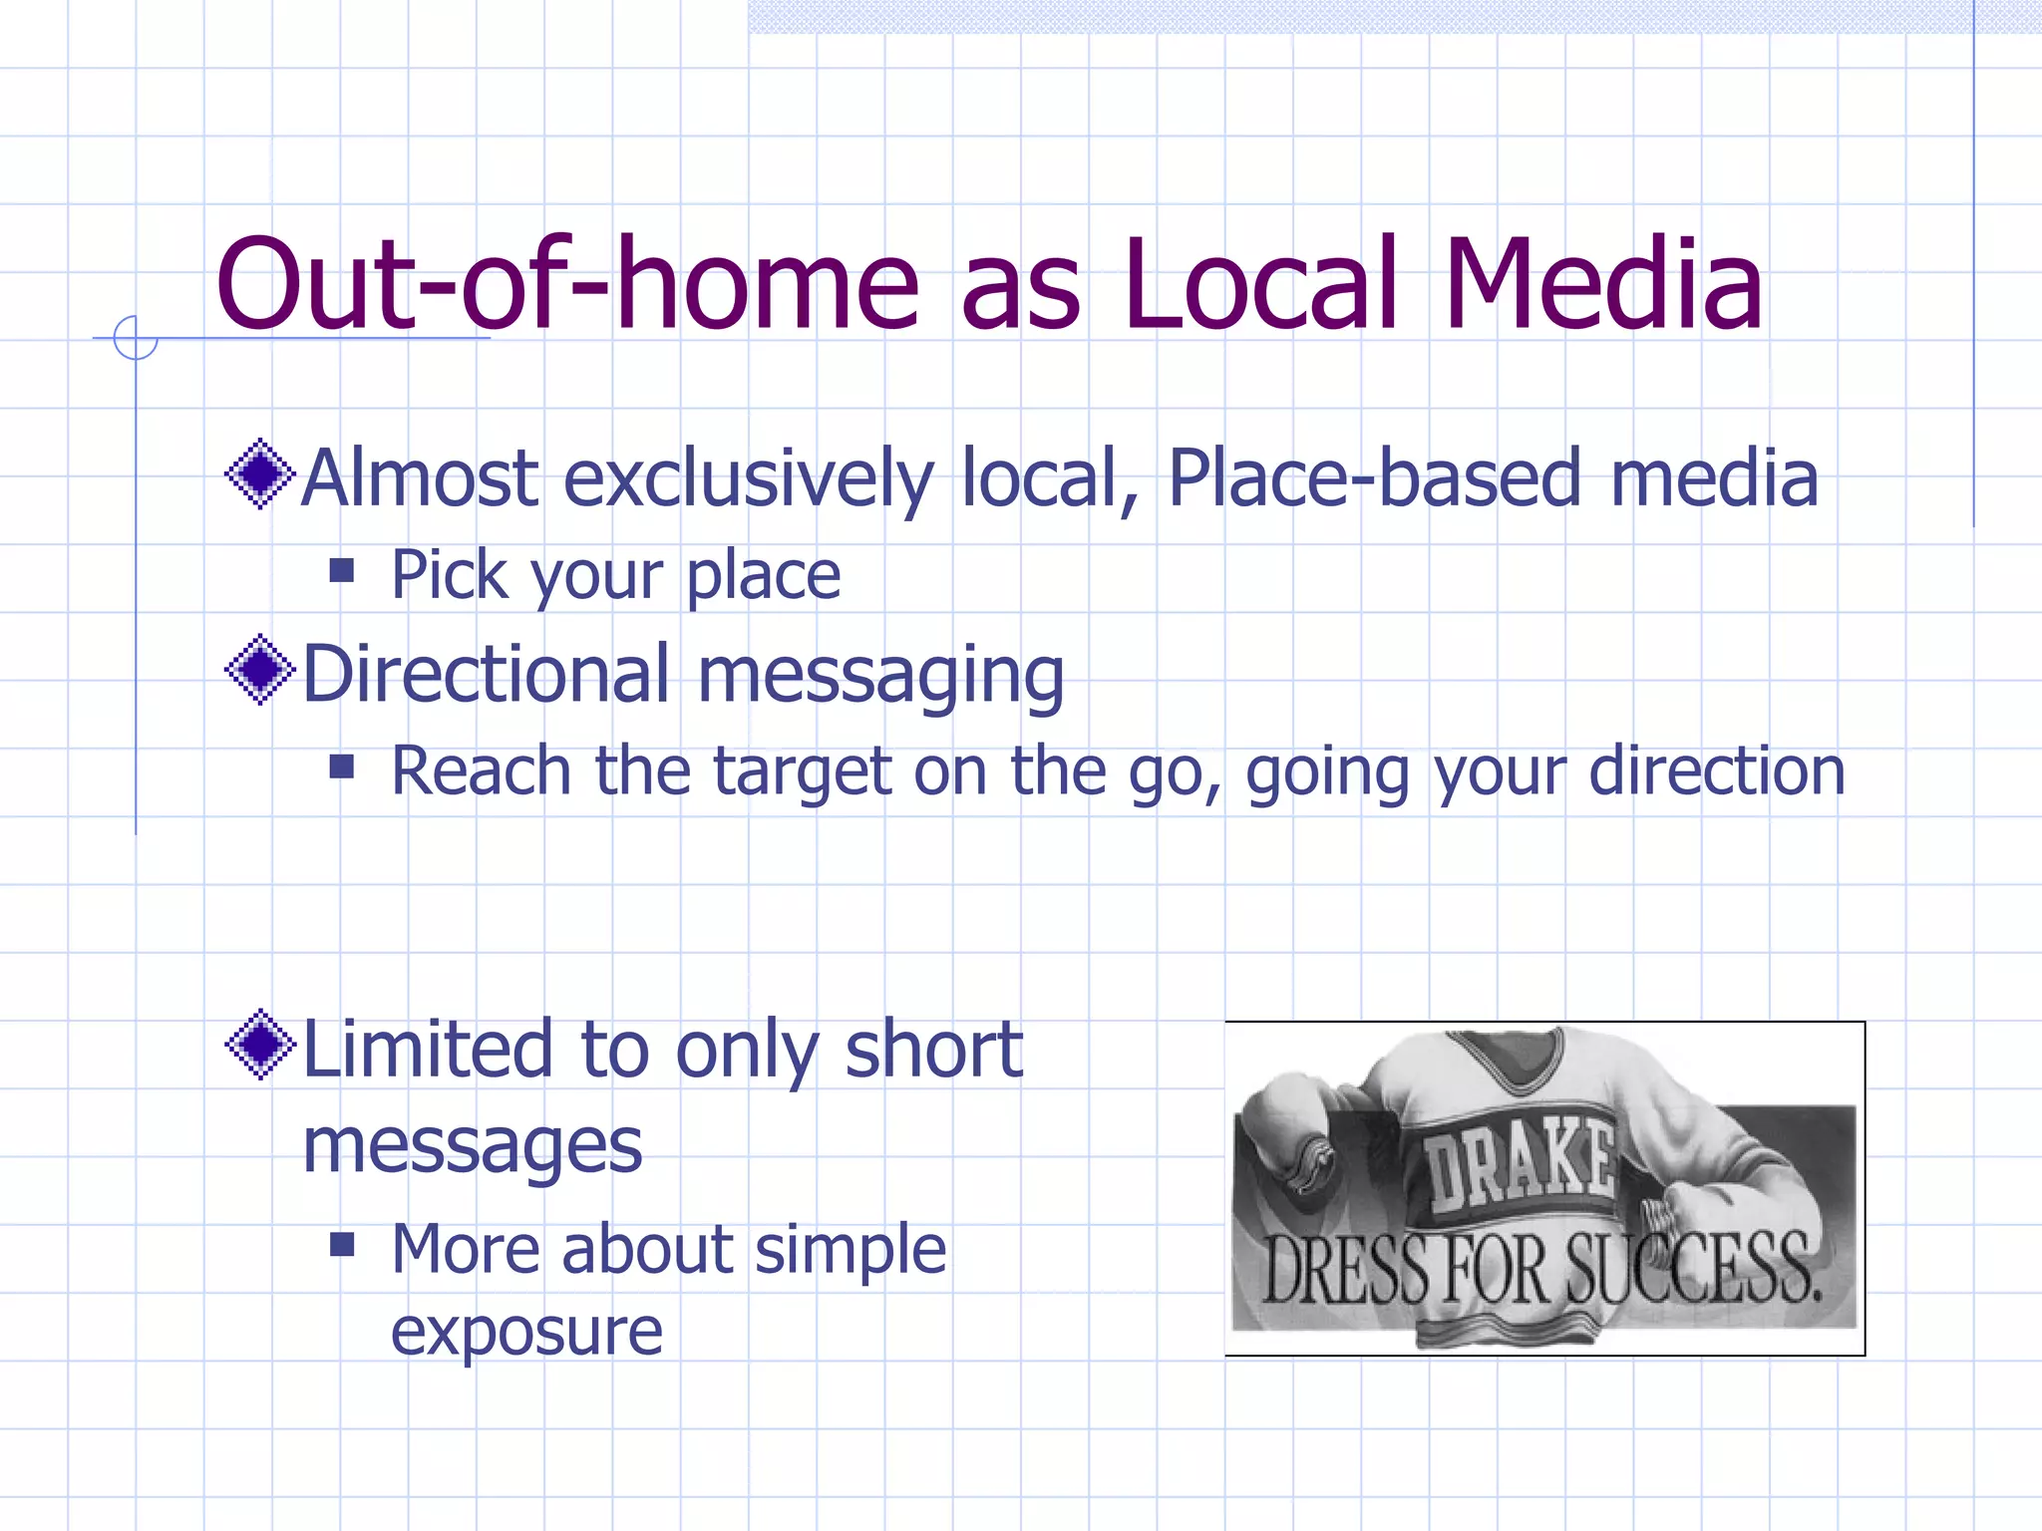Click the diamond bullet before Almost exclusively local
260,474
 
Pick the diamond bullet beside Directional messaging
260,670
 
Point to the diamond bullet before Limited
260,1045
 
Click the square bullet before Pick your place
342,571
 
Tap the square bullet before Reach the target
342,766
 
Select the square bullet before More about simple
342,1244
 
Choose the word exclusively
749,478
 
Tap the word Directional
486,674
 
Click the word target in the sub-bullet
803,771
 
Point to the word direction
1716,771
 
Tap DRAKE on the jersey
1519,1161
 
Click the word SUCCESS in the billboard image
1691,1268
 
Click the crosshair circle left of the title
136,338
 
